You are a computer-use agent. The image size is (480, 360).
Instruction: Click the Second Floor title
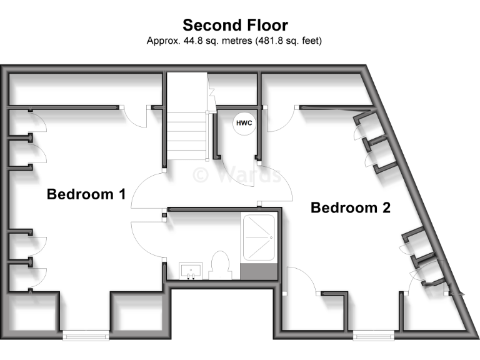click(x=235, y=25)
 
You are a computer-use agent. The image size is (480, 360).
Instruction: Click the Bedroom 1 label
click(x=86, y=194)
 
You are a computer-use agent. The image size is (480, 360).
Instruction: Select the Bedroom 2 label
click(x=351, y=208)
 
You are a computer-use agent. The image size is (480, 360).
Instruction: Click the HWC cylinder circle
click(x=243, y=123)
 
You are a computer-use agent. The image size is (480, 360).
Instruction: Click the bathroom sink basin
click(x=190, y=271)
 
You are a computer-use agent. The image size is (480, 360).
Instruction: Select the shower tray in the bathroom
click(x=259, y=239)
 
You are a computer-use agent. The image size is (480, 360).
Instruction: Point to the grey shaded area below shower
click(x=259, y=272)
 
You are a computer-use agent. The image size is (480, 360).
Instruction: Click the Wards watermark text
click(x=237, y=173)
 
